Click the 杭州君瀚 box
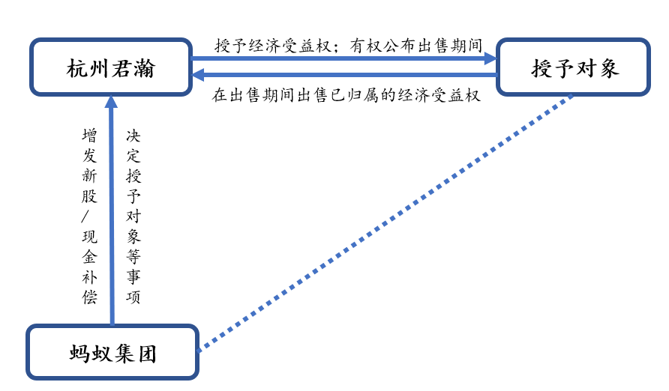[x=111, y=67]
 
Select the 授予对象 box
[x=574, y=67]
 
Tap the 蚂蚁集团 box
[x=112, y=352]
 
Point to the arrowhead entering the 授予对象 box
[x=490, y=58]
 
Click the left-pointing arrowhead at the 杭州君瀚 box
[x=199, y=76]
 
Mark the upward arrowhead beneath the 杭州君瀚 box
[x=111, y=102]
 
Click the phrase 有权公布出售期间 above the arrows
[x=416, y=46]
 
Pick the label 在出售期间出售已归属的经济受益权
[x=346, y=95]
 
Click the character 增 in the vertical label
[x=89, y=136]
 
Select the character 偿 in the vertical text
[x=89, y=297]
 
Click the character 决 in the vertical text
[x=133, y=136]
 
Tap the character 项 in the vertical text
[x=133, y=297]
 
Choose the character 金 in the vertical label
[x=89, y=257]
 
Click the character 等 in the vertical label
[x=133, y=257]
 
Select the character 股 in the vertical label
[x=89, y=196]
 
